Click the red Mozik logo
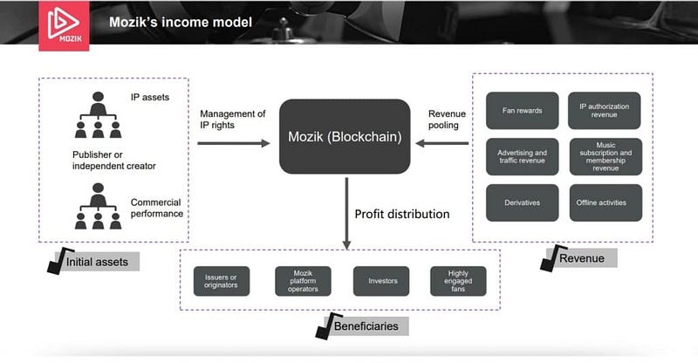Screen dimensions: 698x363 tap(64, 25)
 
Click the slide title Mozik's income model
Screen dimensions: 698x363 tap(181, 23)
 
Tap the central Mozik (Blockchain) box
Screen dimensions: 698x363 tap(345, 136)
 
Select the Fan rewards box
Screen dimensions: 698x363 tap(522, 111)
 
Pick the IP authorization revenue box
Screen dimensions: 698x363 tap(604, 111)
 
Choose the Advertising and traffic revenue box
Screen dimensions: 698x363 tap(522, 156)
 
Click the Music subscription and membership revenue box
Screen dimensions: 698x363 tap(606, 156)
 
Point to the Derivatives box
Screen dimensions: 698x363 tap(522, 202)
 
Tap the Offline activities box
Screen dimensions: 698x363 tap(606, 202)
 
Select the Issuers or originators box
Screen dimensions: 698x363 tap(222, 281)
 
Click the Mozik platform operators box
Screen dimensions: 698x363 tap(303, 281)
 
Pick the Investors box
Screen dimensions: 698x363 tap(381, 281)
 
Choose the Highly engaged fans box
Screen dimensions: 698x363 tap(458, 281)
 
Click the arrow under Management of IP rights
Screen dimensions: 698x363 tap(234, 143)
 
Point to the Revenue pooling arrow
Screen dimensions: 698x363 tap(441, 143)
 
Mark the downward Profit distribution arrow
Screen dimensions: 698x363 tap(346, 213)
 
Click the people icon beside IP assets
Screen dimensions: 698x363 tap(98, 115)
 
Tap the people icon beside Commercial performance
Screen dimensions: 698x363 tap(98, 206)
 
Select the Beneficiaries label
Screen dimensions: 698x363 tap(366, 326)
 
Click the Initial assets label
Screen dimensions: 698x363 tap(97, 262)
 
